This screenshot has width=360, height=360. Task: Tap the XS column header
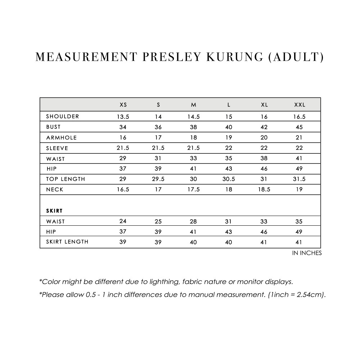coord(123,105)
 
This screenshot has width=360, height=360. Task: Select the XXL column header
coord(300,105)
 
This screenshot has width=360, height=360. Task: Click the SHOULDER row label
coord(63,117)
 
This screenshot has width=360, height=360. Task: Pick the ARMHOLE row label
coord(62,138)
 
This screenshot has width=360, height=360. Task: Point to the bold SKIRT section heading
coord(55,211)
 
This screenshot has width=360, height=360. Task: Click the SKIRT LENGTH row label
coord(67,242)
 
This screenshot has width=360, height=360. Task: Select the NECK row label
coord(55,189)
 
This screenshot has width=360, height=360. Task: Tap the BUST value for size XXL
coord(300,127)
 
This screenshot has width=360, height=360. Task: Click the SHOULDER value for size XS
coord(123,117)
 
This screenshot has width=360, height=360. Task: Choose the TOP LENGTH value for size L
coord(229,179)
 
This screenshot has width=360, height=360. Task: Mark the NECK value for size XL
coord(264,189)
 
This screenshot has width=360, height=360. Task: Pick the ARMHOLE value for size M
coord(194,138)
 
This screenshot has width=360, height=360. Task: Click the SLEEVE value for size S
coord(158,148)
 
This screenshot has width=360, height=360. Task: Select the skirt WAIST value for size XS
coord(123,221)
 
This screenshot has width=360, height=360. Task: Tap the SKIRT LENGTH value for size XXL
coord(300,242)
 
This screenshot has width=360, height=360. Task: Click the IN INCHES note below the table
coord(307,253)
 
